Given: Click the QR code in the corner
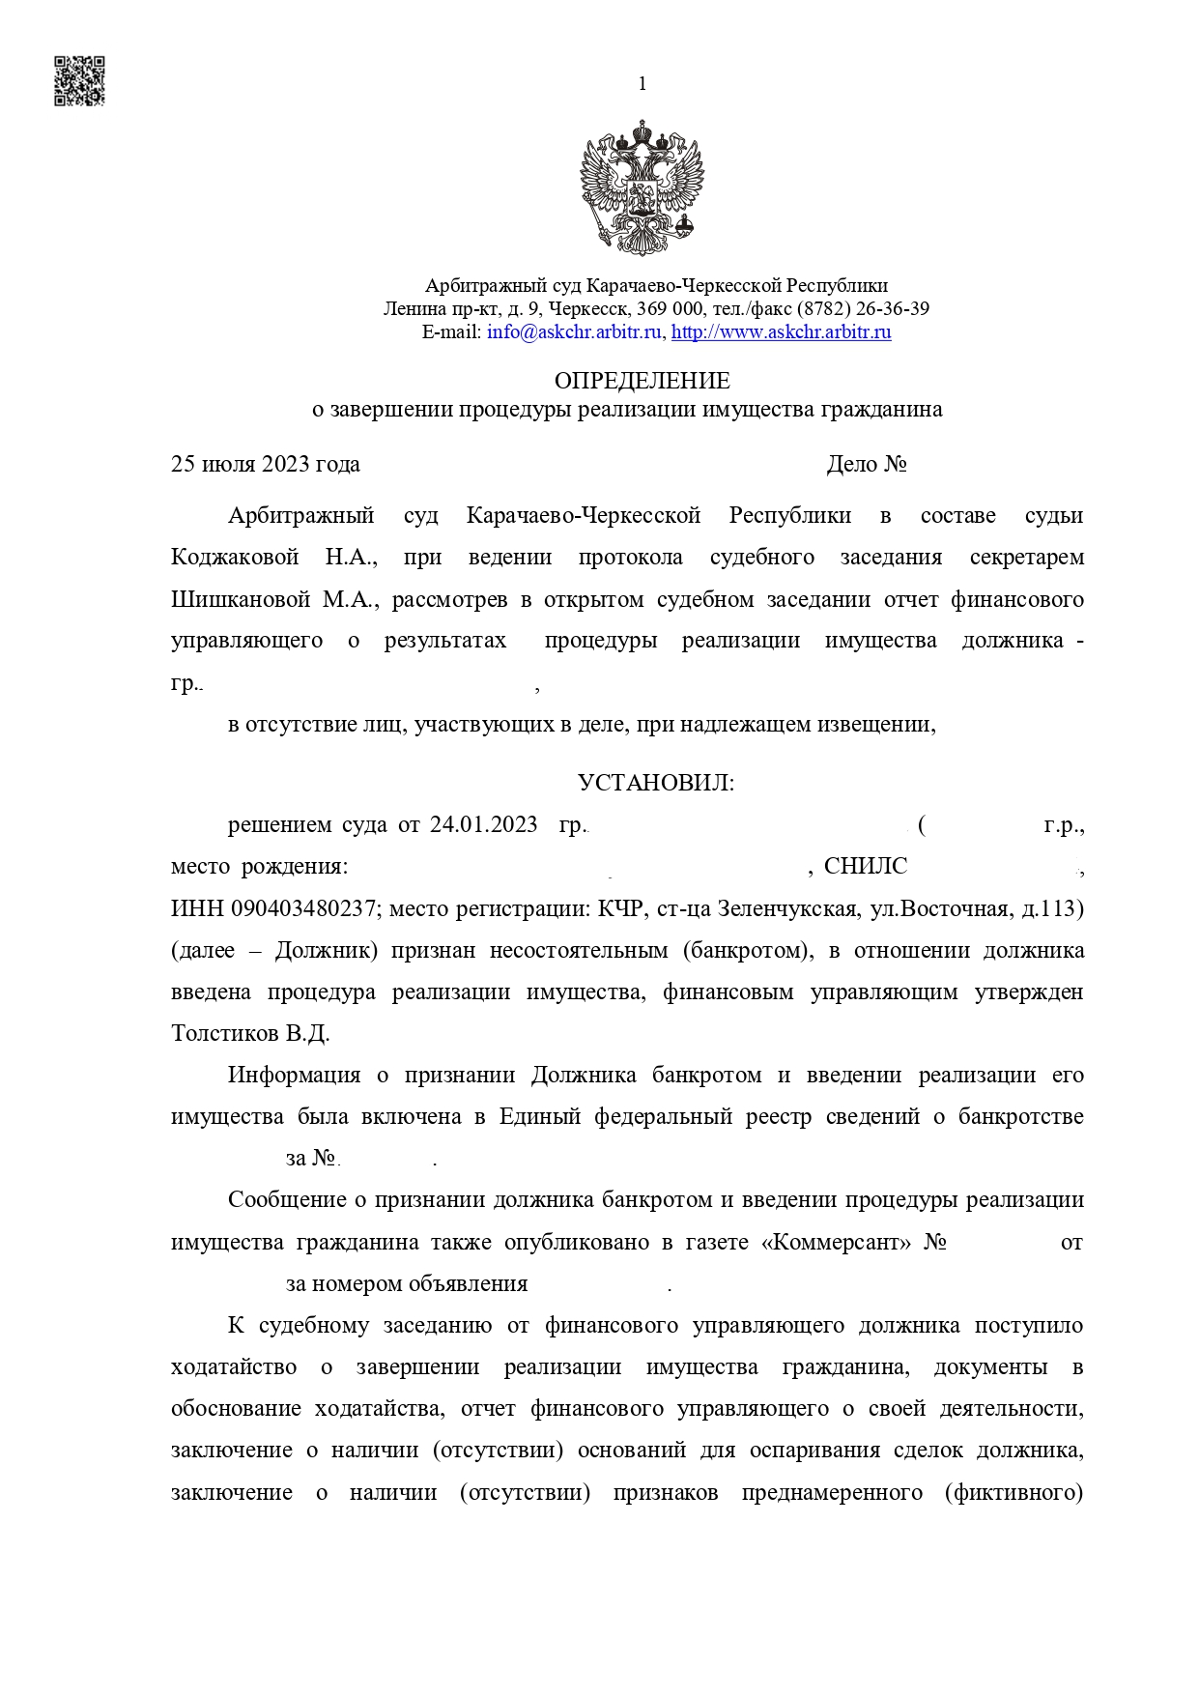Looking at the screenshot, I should [78, 80].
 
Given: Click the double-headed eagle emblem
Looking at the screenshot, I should [642, 187].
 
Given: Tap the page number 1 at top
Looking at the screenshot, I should [642, 84].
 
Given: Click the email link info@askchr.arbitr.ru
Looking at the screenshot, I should [575, 332].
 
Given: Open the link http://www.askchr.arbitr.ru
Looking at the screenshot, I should [781, 332].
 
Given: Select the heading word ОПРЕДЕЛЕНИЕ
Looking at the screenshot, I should [642, 380].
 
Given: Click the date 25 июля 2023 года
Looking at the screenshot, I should [265, 464].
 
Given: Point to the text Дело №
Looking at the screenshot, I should [866, 464].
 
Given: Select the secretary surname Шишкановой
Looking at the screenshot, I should [241, 599].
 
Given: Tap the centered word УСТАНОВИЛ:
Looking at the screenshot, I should [656, 783].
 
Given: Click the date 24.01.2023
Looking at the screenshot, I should [483, 824].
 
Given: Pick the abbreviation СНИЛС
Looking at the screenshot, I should [866, 866].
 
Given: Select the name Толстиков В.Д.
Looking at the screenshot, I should [250, 1033].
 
